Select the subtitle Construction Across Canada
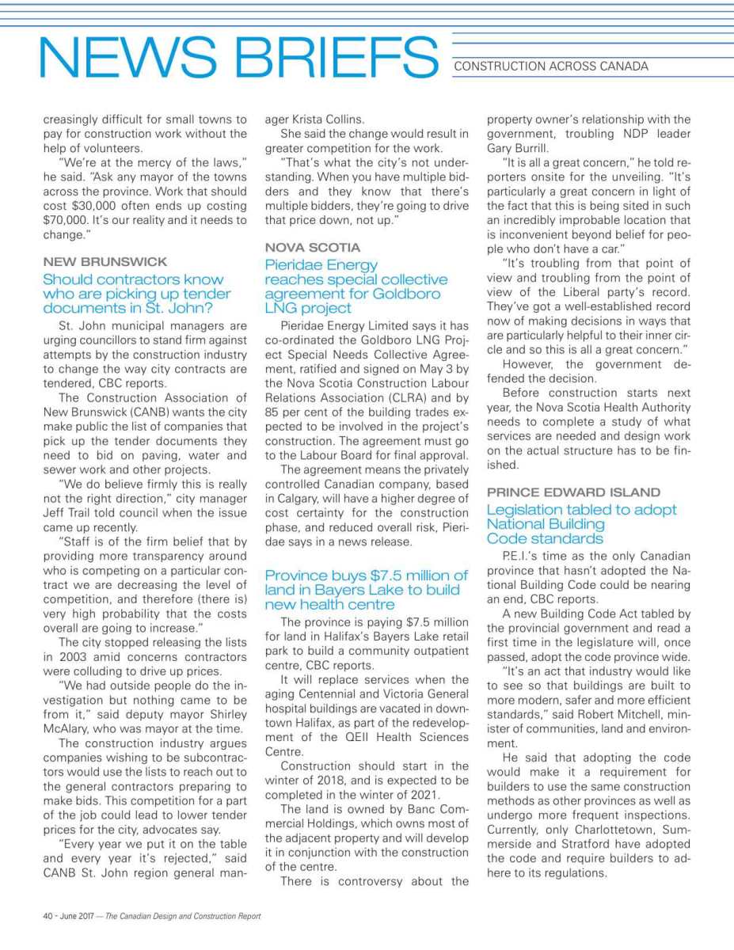coord(551,66)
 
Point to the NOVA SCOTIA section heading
coord(312,247)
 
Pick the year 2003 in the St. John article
coord(96,656)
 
